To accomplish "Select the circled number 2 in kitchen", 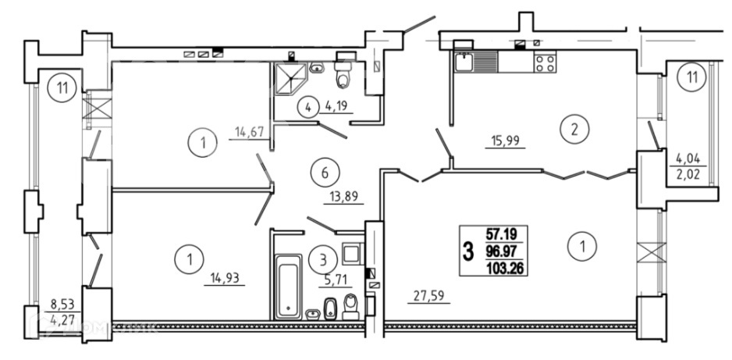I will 574,130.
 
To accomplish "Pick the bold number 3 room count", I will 468,251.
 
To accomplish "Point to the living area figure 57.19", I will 505,233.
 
